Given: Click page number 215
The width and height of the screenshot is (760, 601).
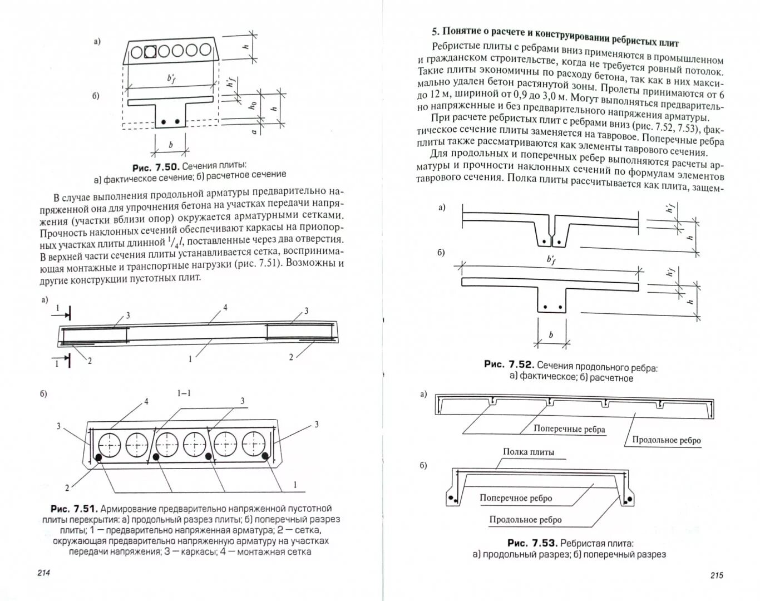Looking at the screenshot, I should tap(716, 575).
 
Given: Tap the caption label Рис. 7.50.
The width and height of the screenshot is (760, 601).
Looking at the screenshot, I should tap(155, 167).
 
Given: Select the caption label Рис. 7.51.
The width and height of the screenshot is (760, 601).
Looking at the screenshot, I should tap(74, 509).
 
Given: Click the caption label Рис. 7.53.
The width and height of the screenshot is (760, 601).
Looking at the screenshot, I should tap(532, 543).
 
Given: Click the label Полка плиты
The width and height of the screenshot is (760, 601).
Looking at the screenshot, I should tap(529, 452).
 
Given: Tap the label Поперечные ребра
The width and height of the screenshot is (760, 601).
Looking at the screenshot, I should tap(569, 429).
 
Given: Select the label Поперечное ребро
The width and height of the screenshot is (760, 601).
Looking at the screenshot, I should tap(516, 498).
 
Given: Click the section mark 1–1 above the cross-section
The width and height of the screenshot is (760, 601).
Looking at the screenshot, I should tap(184, 393).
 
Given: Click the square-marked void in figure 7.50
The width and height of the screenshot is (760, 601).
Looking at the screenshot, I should tap(150, 52).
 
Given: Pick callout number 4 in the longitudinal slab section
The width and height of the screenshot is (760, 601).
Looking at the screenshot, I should tap(225, 307).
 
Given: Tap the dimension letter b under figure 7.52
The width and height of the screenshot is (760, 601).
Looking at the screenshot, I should tap(551, 335).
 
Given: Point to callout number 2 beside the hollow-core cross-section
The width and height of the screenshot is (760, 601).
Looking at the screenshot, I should tap(67, 488).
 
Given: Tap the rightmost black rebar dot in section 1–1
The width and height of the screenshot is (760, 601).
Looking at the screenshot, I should tap(266, 456).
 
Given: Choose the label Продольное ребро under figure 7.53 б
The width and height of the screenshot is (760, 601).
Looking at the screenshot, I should tap(525, 520).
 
